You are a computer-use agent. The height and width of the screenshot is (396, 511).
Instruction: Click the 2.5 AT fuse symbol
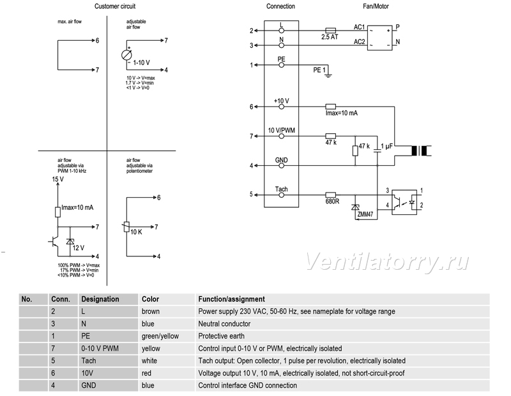point(331,30)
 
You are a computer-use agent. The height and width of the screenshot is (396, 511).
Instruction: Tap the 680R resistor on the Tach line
point(331,195)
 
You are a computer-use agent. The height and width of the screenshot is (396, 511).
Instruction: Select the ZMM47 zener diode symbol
point(355,207)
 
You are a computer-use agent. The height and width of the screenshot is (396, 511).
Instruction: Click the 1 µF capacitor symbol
point(377,150)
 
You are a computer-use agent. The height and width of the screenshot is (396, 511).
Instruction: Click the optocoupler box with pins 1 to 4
point(404,202)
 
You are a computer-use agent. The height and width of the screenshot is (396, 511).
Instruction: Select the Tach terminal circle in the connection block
point(281,195)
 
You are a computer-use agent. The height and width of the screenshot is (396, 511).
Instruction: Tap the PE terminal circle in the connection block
point(281,65)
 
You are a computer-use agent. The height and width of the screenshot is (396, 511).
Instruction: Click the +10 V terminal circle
point(281,106)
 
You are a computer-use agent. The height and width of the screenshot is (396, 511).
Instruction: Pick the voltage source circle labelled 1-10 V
point(126,55)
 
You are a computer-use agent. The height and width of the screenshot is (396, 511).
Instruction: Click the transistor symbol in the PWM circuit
point(54,242)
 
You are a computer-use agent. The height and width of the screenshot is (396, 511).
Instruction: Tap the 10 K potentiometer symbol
point(126,227)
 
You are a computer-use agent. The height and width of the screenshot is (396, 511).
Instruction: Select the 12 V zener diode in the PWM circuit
point(70,242)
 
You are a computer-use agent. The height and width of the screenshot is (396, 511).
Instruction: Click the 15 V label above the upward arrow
point(57,179)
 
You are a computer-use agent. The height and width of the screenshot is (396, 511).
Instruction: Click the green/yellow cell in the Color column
point(160,336)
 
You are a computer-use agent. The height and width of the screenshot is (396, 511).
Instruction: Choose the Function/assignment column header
point(231,299)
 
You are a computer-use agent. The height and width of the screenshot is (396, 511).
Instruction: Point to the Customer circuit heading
point(115,6)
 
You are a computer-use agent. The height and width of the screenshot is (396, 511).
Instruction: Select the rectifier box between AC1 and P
point(379,38)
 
